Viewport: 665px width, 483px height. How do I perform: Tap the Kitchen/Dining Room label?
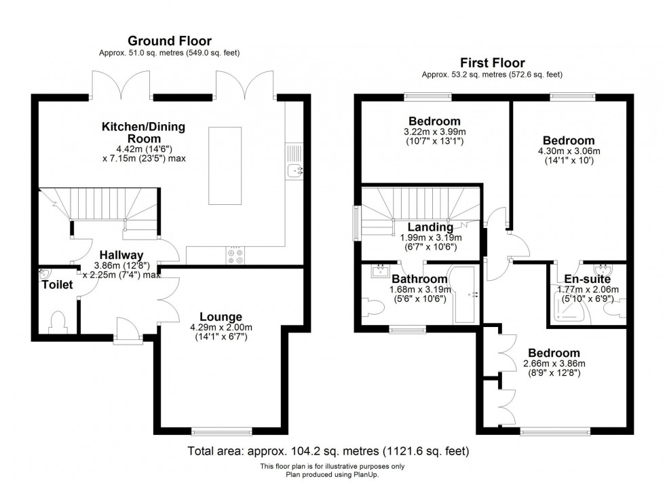tap(143, 132)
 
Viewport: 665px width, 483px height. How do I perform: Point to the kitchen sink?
tap(295, 170)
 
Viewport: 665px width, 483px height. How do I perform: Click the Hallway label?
tap(119, 255)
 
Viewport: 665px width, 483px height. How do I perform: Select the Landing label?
tap(430, 227)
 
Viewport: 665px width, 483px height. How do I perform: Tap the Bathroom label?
tap(420, 279)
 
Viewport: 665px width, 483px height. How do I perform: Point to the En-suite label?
tap(588, 279)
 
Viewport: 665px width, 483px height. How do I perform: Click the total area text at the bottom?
tap(328, 450)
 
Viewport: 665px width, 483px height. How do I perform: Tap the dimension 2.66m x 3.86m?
tap(554, 363)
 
